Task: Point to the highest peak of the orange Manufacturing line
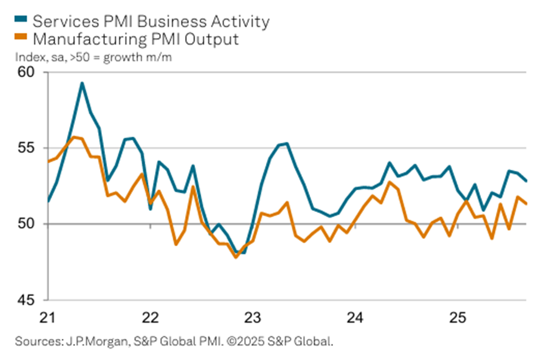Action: [74, 137]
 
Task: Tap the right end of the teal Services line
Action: [526, 181]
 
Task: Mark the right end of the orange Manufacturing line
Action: [526, 203]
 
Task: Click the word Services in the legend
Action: [62, 21]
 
